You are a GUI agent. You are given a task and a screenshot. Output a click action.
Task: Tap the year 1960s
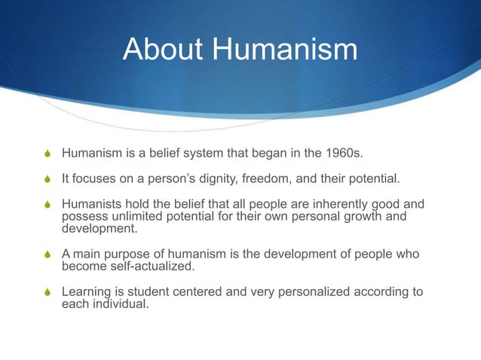[342, 155]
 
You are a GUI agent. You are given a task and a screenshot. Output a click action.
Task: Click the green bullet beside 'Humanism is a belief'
[48, 156]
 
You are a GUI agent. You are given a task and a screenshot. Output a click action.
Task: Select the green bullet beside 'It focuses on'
[48, 180]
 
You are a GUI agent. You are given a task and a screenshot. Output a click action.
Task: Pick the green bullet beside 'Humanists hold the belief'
[48, 204]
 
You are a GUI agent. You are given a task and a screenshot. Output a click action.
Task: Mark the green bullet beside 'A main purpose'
[48, 255]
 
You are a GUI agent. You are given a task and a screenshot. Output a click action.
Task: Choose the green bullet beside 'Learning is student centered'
[48, 291]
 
